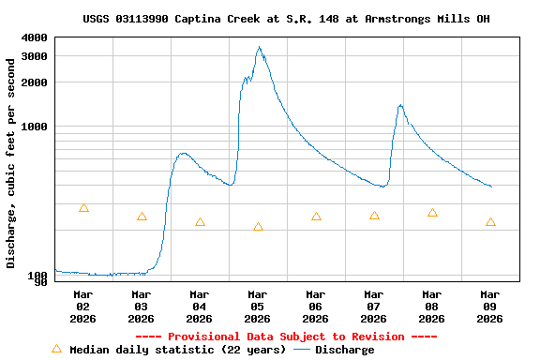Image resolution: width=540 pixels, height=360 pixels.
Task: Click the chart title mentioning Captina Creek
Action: tap(286, 19)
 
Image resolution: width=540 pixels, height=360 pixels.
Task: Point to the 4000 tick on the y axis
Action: tap(35, 37)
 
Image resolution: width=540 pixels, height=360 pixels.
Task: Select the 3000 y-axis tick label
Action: tap(35, 56)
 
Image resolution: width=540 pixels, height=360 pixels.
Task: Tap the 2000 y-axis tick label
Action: tap(35, 82)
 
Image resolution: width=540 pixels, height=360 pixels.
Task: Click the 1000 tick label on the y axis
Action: tap(35, 127)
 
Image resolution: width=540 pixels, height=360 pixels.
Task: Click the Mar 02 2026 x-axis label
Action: tap(82, 306)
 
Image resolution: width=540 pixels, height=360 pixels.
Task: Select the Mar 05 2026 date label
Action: tap(257, 306)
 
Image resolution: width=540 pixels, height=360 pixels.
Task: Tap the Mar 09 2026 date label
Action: tap(489, 306)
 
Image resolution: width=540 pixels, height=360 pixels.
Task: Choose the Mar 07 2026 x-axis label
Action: tap(373, 306)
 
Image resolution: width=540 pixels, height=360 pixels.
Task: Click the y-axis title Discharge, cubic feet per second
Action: tap(11, 163)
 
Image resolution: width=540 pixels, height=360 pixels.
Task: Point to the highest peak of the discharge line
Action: tap(259, 48)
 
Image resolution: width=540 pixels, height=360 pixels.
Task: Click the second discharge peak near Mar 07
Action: tap(400, 105)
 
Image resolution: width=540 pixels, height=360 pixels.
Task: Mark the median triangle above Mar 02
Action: tap(83, 208)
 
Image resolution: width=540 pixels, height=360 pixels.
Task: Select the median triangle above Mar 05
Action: tap(258, 227)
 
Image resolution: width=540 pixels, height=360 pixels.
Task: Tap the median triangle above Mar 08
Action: tap(432, 213)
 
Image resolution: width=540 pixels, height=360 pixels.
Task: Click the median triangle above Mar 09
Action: tap(490, 222)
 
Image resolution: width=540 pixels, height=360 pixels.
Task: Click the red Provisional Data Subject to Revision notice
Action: tap(286, 337)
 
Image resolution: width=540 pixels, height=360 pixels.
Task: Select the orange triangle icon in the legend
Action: tap(56, 349)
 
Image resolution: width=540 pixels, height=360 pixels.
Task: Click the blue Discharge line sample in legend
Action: tap(301, 350)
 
